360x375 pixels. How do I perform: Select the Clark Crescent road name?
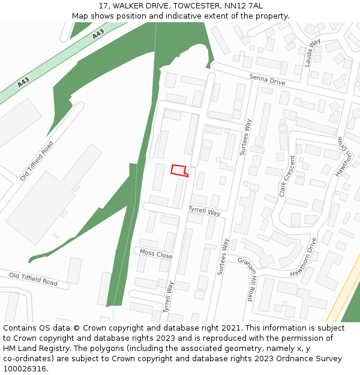(x=287, y=176)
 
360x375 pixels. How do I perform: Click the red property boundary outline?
(x=179, y=171)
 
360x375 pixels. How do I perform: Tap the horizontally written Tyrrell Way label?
(x=204, y=211)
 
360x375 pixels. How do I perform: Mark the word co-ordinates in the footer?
(x=29, y=359)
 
